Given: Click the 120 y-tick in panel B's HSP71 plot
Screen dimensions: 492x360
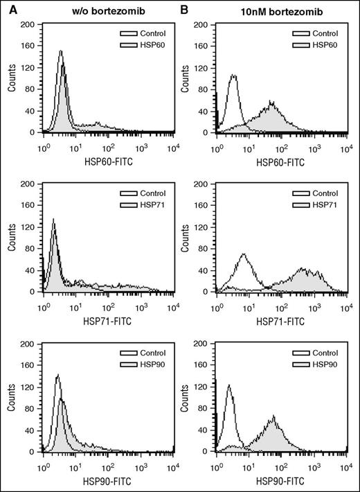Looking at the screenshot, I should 206,227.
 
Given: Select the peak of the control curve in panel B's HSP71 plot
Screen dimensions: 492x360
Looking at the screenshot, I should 244,254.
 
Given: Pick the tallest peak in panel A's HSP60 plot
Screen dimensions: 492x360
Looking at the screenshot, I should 61,51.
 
